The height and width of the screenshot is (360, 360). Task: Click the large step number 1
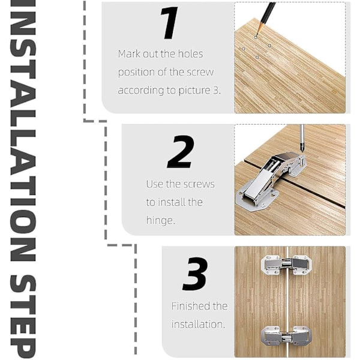(169, 23)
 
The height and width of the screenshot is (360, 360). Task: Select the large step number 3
(196, 274)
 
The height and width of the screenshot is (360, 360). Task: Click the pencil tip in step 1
(257, 35)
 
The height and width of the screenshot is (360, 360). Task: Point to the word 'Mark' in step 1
(129, 54)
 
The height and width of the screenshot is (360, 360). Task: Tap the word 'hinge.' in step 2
(160, 220)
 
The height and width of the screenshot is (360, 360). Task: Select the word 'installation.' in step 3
(197, 325)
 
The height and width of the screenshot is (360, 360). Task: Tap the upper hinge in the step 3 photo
(287, 265)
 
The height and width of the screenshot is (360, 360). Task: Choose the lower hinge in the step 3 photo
(287, 336)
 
